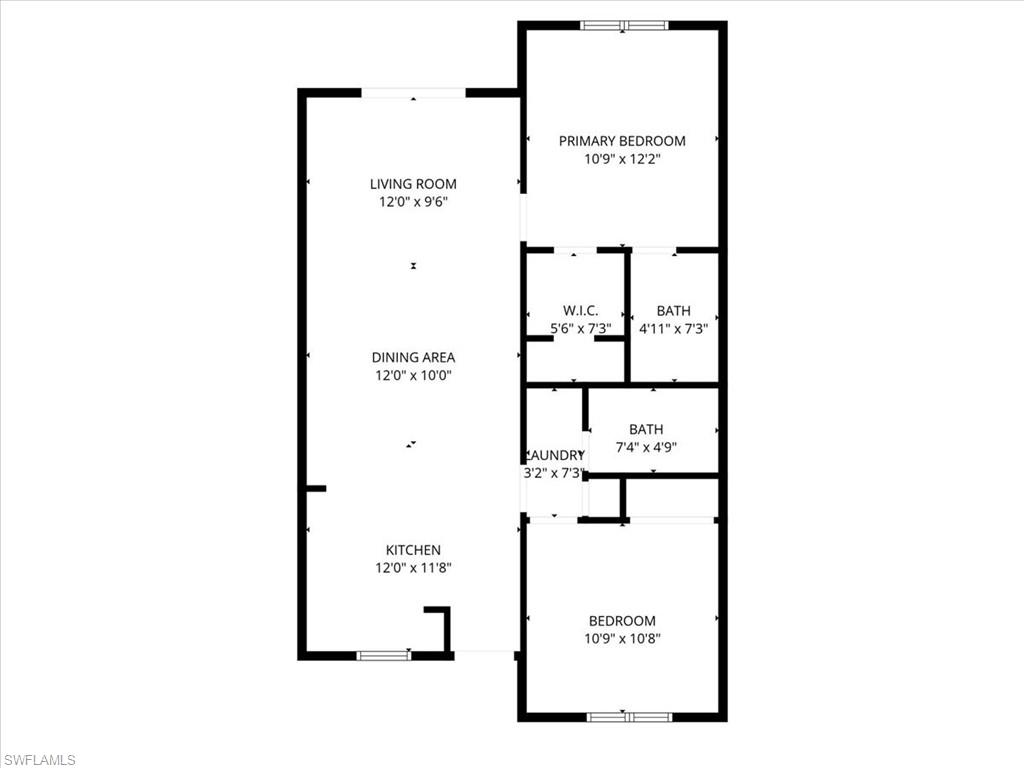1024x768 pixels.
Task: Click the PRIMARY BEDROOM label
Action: coord(622,141)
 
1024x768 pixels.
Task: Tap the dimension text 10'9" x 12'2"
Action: coord(622,159)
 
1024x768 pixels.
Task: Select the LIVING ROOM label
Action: coord(413,184)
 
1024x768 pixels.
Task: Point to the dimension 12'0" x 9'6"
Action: coord(413,202)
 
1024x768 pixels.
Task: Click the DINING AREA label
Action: coord(413,357)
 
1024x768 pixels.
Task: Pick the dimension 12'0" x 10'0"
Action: coord(413,376)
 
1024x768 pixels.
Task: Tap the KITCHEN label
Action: coord(413,550)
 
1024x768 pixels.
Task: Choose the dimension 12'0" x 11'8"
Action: coord(413,568)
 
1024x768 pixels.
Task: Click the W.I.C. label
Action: coord(580,311)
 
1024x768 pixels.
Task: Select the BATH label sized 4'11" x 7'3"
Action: coord(673,311)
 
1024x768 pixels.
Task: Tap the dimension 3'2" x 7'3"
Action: coord(553,473)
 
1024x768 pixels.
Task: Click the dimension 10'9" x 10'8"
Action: coord(622,639)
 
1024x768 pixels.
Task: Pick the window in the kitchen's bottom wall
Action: coord(384,656)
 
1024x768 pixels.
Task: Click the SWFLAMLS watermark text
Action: coord(40,760)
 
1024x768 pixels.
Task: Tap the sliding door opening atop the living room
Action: coord(413,93)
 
